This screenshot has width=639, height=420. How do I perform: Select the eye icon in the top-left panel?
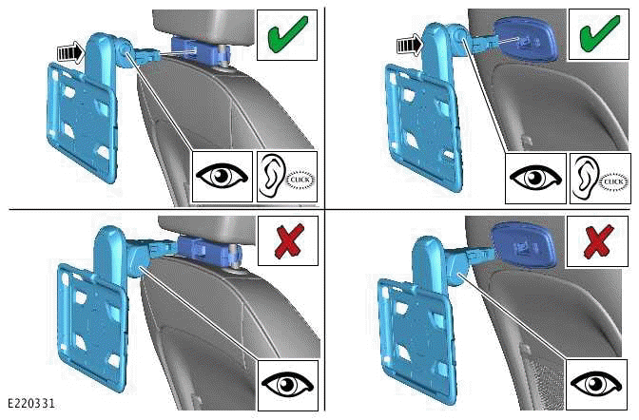[x=222, y=177]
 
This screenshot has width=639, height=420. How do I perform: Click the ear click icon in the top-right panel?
[x=597, y=177]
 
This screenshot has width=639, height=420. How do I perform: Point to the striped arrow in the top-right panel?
[x=406, y=43]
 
